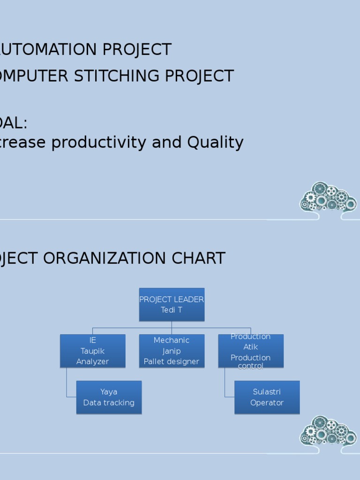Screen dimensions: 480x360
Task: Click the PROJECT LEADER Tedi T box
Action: [x=172, y=304]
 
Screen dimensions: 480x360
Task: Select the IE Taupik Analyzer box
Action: [x=92, y=351]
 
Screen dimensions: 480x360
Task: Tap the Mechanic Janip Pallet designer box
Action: [x=172, y=351]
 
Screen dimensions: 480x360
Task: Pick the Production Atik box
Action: [x=251, y=351]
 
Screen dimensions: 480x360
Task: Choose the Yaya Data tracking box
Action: [x=109, y=397]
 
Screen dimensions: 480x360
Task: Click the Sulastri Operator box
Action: [x=267, y=397]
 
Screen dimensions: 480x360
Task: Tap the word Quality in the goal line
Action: [x=215, y=142]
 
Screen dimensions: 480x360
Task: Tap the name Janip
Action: [x=172, y=351]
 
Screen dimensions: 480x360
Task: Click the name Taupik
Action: [x=92, y=351]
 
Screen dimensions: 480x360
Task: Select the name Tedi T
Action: [x=172, y=310]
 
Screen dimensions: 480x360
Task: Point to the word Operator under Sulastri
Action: [x=267, y=403]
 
